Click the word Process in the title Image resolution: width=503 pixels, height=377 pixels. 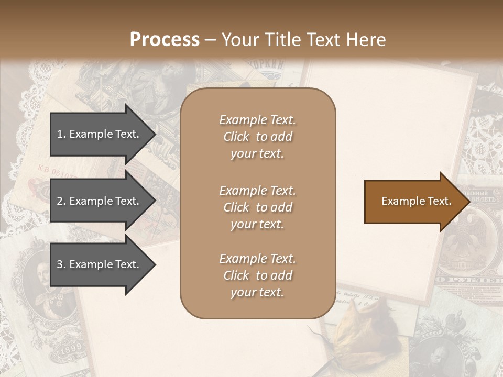tap(165, 40)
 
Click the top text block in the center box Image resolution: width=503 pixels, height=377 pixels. tap(257, 137)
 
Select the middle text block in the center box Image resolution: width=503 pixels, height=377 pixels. tap(257, 207)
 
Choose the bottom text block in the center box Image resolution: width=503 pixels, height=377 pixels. tap(257, 275)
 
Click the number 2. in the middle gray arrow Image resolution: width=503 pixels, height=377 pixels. tap(61, 201)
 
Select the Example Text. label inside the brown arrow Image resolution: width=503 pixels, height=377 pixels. tap(416, 201)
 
